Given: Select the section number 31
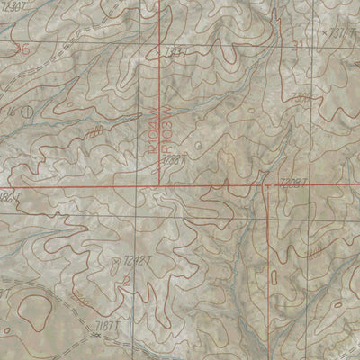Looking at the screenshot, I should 297,44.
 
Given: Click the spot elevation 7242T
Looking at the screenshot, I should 138,260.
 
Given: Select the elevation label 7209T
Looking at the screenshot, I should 294,183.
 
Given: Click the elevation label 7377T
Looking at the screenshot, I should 344,33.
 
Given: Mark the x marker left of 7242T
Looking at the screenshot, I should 119,261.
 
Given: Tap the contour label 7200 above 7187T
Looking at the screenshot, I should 82,296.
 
